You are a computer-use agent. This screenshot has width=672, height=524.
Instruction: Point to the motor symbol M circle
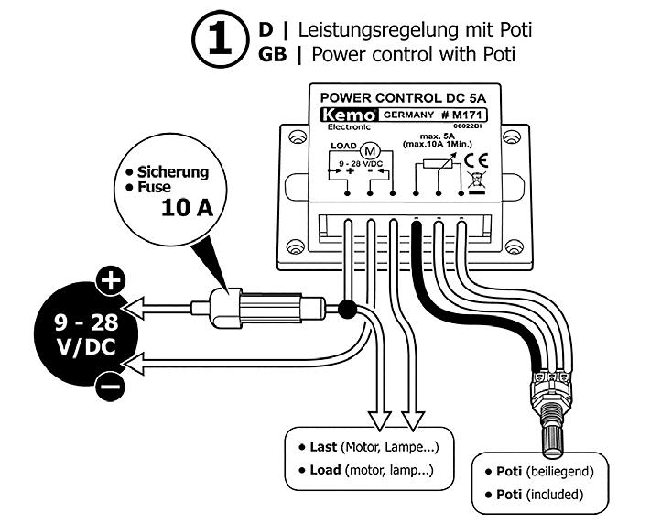tap(371, 149)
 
